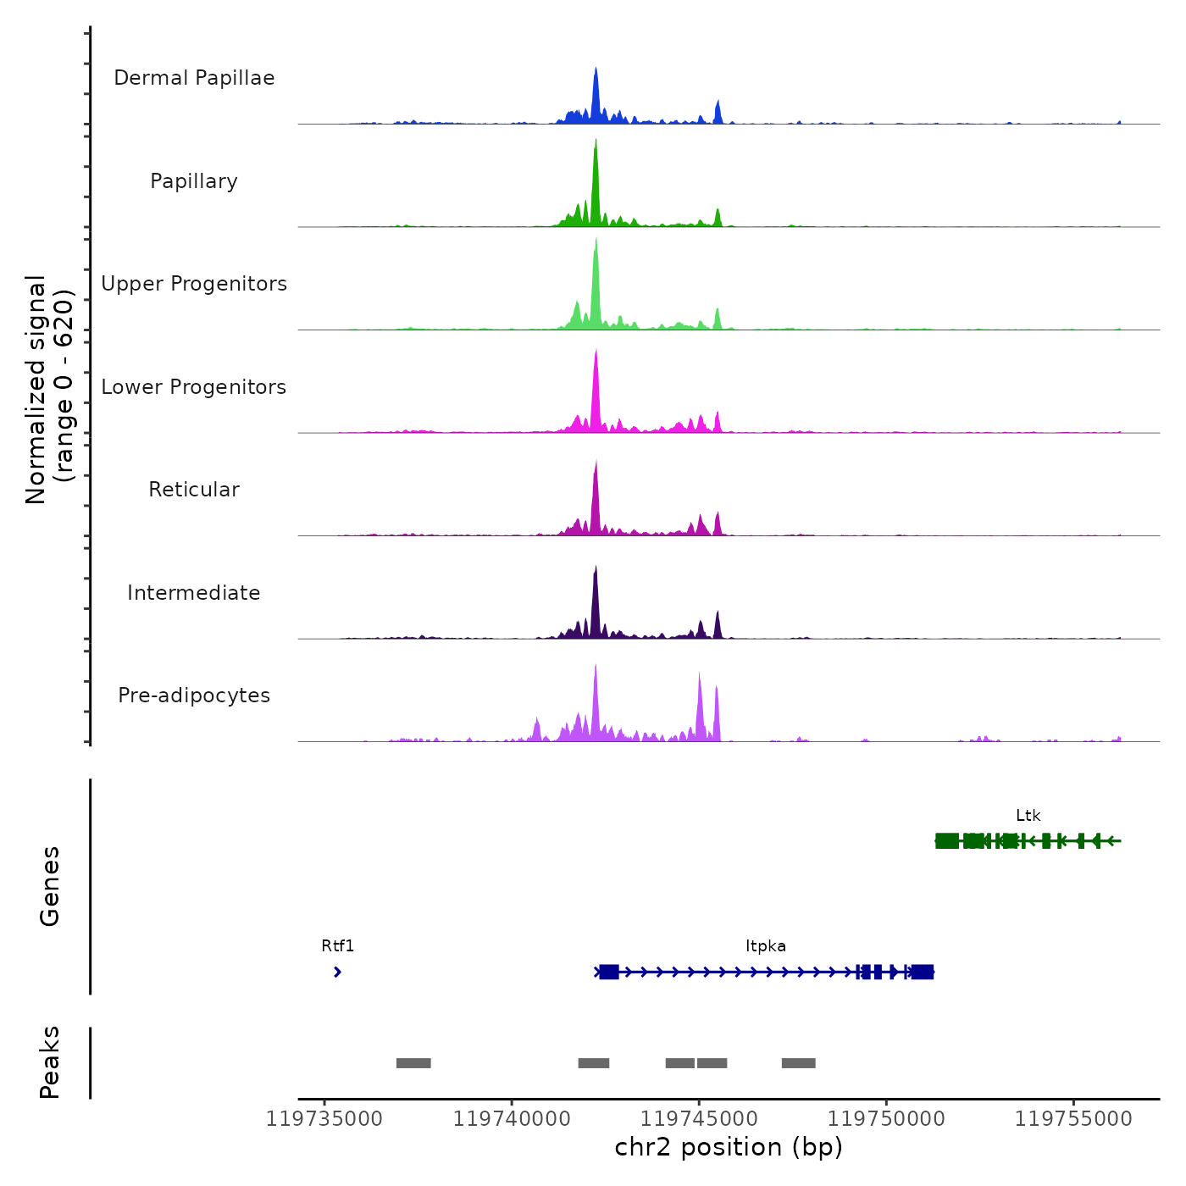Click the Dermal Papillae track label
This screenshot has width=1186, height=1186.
[x=194, y=78]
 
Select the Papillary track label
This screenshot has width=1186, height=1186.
[x=194, y=181]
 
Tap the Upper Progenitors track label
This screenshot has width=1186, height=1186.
[x=194, y=284]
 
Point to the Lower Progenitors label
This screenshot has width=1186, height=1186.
[x=194, y=387]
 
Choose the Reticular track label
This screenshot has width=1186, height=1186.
[x=194, y=490]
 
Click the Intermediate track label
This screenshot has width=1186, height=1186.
[x=194, y=593]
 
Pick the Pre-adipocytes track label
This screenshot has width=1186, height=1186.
[x=194, y=696]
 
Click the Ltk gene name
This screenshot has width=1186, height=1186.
[x=1028, y=816]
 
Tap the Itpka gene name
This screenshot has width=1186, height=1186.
[x=766, y=946]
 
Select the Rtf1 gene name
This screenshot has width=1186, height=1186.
[x=337, y=946]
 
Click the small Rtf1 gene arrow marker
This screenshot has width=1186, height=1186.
[x=337, y=972]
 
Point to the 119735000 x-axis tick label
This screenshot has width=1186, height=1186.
[x=324, y=1119]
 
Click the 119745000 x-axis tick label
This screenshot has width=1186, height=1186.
[x=699, y=1119]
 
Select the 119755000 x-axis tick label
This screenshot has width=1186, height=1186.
[x=1073, y=1119]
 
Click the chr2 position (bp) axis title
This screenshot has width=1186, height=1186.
[x=729, y=1147]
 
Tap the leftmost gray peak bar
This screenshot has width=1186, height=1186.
[x=413, y=1063]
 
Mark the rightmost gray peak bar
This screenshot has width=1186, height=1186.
[x=798, y=1063]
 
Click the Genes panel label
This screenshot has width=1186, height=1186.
[x=50, y=886]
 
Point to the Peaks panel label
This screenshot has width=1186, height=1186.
[x=50, y=1062]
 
